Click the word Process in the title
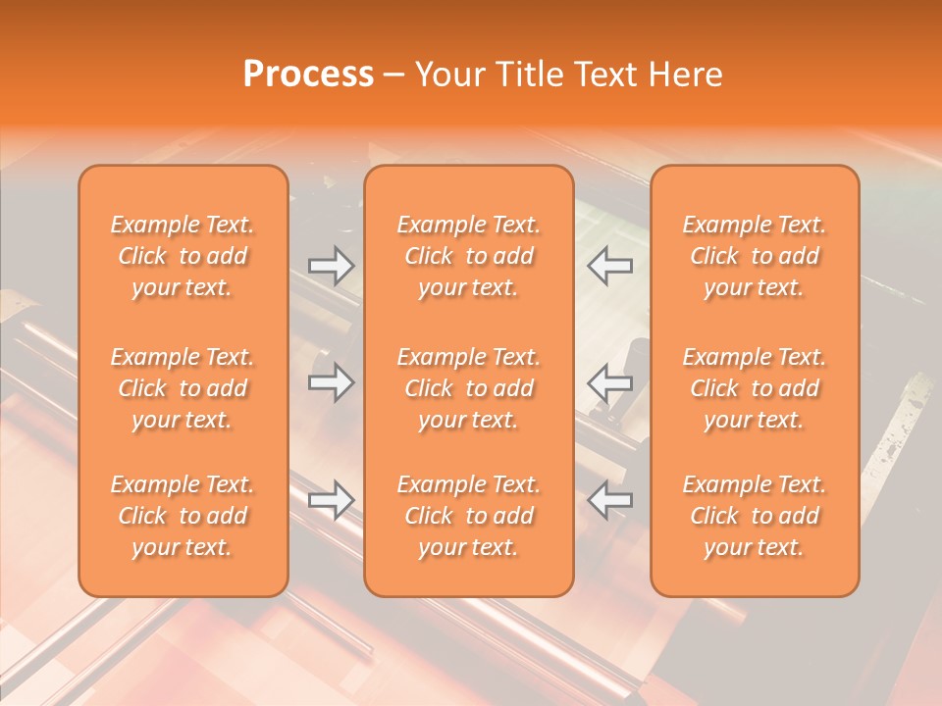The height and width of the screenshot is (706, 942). pos(308,75)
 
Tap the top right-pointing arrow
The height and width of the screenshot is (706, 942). pos(331,266)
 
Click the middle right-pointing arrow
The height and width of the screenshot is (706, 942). pos(331,381)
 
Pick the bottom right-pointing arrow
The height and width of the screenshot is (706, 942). pos(331,500)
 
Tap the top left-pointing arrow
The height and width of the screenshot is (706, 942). pos(610,266)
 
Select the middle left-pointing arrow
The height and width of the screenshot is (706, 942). pos(610,381)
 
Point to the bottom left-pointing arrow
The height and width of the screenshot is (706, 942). pos(610,500)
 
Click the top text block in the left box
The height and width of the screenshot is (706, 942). pos(183,256)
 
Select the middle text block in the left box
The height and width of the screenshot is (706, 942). pos(183,388)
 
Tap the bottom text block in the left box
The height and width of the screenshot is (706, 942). pos(183,516)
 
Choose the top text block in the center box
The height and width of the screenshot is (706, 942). pos(469,256)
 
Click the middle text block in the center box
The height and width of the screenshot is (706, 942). pos(469,388)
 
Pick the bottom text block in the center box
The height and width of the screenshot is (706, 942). pos(469,516)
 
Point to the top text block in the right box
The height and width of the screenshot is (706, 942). pos(755,256)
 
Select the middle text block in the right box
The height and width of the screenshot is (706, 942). pos(755,388)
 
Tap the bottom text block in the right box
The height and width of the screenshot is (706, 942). pos(755,516)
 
